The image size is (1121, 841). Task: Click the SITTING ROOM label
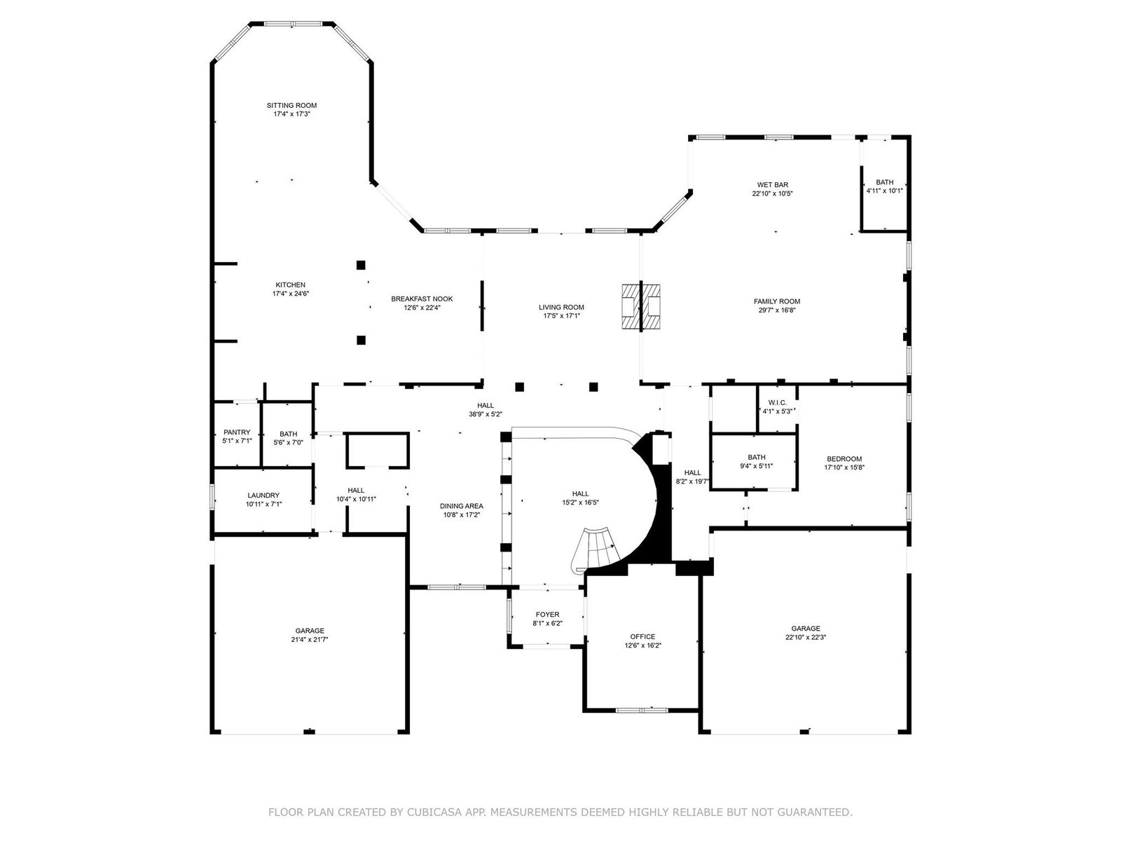click(x=291, y=105)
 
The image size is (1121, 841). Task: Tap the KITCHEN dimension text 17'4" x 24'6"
click(x=291, y=294)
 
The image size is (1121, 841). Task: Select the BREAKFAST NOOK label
click(x=422, y=299)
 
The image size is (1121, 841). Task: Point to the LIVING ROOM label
click(x=561, y=307)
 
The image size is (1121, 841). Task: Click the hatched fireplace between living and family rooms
click(x=641, y=306)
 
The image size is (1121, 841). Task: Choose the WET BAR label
click(x=772, y=185)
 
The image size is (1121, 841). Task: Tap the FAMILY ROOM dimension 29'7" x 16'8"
click(x=777, y=310)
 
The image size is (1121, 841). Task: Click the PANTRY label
click(x=237, y=432)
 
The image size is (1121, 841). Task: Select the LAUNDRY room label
click(x=263, y=495)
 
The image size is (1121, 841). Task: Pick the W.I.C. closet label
click(x=777, y=402)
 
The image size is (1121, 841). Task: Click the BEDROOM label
click(x=844, y=458)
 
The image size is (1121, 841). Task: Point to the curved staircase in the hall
click(x=596, y=549)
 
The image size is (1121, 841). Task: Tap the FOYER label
click(x=547, y=615)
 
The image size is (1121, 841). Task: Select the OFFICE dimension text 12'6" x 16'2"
click(x=643, y=645)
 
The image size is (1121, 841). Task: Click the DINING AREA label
click(x=462, y=506)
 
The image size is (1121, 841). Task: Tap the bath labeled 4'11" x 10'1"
click(x=885, y=186)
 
